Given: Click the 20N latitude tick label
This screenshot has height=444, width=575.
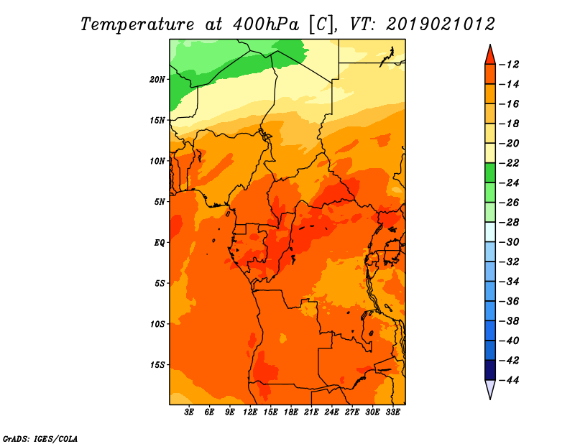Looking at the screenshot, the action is [157, 80].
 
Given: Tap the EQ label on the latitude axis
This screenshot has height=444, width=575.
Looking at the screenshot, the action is [159, 243].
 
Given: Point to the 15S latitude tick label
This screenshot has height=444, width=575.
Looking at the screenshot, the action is [157, 365].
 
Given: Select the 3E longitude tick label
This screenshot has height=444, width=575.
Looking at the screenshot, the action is [189, 412].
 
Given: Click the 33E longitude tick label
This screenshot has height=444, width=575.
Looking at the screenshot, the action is [392, 412].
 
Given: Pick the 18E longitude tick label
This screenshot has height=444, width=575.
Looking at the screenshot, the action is [291, 412].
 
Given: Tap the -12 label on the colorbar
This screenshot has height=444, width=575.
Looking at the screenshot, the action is [509, 65].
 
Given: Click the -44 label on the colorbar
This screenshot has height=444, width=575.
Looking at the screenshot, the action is [509, 380].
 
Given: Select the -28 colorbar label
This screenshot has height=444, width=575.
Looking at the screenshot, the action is [509, 222].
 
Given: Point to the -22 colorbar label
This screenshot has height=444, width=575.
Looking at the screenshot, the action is [509, 163].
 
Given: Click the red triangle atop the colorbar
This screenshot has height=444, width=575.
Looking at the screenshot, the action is [490, 56].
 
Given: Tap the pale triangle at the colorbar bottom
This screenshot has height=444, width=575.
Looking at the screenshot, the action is [490, 388].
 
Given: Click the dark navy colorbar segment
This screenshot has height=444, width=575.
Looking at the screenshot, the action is [490, 370].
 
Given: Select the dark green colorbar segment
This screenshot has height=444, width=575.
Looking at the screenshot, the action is [490, 173].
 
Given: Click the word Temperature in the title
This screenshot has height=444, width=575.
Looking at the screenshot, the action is [137, 24].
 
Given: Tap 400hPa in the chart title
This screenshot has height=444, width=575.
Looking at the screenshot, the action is [266, 24].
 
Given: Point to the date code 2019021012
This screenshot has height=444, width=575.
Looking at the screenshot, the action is [441, 24].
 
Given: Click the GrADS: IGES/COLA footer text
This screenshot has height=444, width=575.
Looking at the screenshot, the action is [40, 439].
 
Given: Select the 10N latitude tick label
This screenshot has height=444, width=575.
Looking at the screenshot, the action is [157, 161].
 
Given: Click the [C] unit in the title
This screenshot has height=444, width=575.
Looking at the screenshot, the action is [321, 25].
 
